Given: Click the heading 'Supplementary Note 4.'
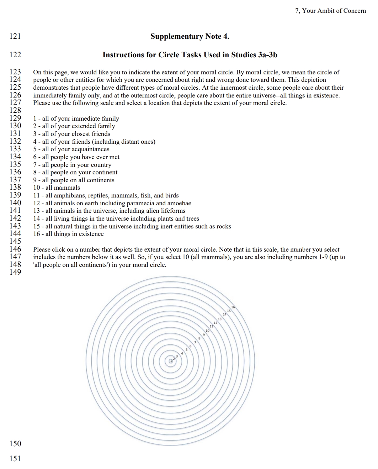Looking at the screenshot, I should click(190, 36).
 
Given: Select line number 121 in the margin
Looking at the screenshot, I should click(15, 36).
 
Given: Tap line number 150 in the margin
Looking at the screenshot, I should click(15, 443).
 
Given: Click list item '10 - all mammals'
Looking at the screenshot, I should click(57, 188).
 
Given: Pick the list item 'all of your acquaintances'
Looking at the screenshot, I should click(71, 149).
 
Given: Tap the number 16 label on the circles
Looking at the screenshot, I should click(233, 307).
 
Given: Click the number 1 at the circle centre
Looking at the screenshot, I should click(171, 361).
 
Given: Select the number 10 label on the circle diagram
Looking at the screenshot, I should click(207, 331).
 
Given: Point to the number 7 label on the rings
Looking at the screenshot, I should click(195, 342).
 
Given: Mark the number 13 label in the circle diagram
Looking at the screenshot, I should click(220, 319).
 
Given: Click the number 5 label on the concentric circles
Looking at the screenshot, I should click(186, 350).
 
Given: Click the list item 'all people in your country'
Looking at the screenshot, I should click(73, 165).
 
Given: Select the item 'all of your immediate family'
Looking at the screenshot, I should click(76, 118).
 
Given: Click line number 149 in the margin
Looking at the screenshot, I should click(15, 272).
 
